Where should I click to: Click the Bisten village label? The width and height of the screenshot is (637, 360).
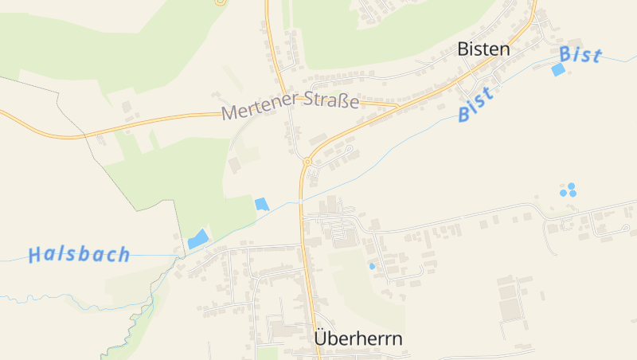(483, 49)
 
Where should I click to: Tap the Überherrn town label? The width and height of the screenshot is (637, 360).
(358, 338)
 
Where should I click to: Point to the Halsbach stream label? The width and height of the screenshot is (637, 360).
(79, 255)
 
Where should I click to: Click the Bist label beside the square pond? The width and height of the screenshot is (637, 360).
(580, 55)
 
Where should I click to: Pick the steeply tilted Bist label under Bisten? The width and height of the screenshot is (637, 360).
(475, 104)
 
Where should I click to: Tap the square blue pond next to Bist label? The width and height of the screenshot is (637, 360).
(558, 70)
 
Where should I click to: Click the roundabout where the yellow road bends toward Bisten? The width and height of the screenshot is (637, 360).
(307, 161)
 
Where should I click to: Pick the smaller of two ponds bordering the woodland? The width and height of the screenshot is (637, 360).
(261, 204)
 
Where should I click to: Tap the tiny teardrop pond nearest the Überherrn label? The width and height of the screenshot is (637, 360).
(371, 266)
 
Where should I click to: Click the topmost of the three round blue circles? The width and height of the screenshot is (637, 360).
(571, 186)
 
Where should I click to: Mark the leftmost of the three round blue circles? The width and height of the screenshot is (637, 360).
(563, 193)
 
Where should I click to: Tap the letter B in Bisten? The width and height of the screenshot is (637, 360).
(463, 49)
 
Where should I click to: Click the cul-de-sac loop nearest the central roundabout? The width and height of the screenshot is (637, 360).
(349, 148)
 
